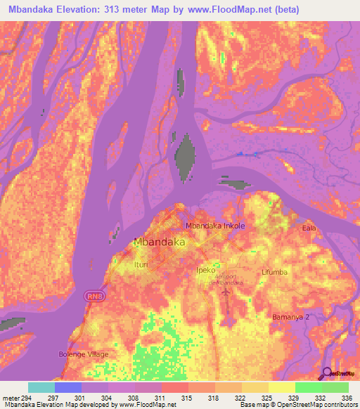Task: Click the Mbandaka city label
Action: point(159,242)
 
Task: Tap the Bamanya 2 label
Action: point(290,318)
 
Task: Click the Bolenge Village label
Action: point(84,353)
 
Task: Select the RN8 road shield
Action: point(95,296)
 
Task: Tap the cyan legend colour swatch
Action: point(41,387)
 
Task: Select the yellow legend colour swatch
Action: point(282,387)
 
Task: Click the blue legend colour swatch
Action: point(68,387)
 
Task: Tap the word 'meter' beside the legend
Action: point(11,397)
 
